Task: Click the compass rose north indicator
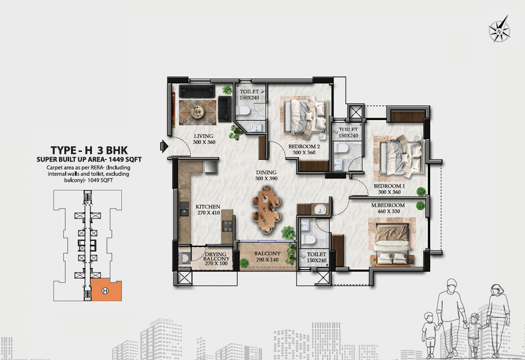click(499, 29)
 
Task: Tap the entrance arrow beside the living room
click(164, 146)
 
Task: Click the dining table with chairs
click(267, 209)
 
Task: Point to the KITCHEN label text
click(208, 207)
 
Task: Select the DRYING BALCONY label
click(216, 259)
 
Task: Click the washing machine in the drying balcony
click(184, 258)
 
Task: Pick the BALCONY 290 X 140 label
click(267, 257)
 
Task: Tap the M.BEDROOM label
click(388, 205)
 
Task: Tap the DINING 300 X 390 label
click(266, 175)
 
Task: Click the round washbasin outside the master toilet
click(320, 209)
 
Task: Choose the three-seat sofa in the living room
click(197, 91)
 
